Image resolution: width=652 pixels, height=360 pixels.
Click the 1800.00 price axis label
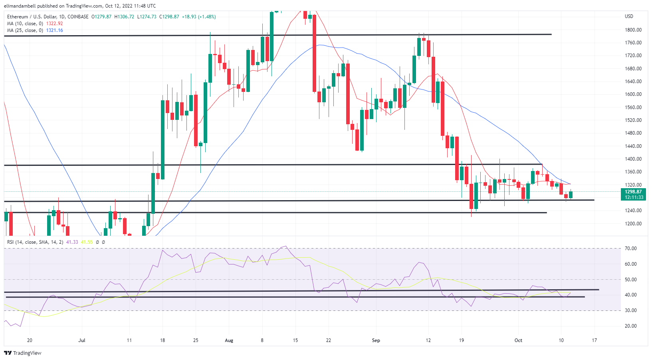coord(633,30)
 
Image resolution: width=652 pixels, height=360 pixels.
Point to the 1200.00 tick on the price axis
coord(633,224)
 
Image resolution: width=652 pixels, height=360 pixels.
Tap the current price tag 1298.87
coord(634,192)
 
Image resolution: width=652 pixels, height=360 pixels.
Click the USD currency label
coord(629,16)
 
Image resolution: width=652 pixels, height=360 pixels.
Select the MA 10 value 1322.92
coord(54,24)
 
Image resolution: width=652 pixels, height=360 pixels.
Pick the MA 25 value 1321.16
coord(54,30)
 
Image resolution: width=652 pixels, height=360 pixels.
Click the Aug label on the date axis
coord(229,340)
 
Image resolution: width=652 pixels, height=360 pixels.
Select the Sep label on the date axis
coord(376,340)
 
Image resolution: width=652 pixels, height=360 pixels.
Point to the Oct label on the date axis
coord(518,340)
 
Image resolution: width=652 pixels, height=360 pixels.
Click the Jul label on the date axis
coord(82,340)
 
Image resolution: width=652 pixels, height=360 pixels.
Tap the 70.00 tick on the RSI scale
coord(631,249)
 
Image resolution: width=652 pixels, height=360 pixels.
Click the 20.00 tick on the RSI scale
coord(631,326)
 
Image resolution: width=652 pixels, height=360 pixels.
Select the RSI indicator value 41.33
coord(72,242)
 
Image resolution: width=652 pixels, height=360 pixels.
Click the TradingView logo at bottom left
coord(23,353)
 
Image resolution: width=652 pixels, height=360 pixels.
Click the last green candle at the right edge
coord(571,195)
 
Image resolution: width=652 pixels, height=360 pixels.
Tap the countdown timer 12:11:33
coord(634,197)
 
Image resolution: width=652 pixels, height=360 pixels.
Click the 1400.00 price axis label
coord(633,159)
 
